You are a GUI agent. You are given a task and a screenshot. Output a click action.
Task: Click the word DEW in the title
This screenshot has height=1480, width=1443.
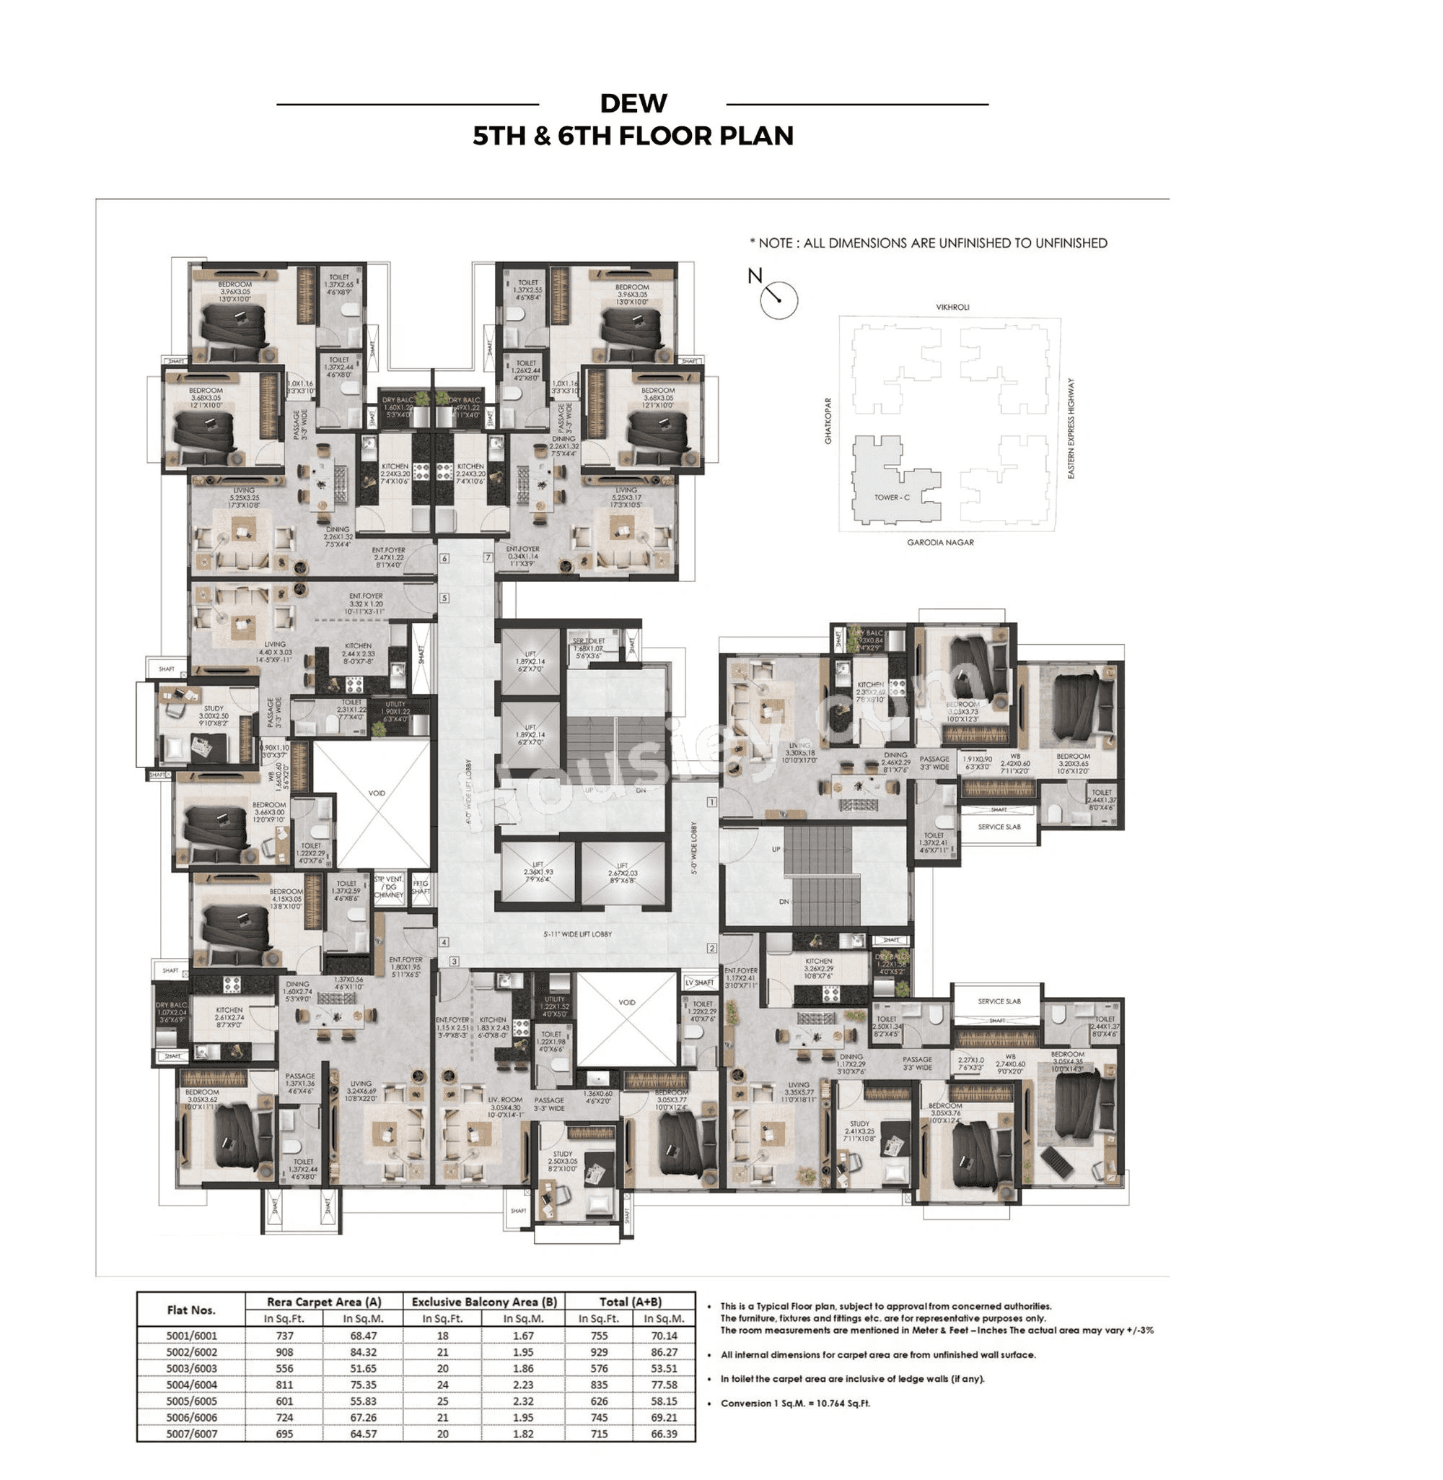pos(633,103)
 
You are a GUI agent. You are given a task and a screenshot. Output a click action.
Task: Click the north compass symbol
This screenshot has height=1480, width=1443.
pos(778,300)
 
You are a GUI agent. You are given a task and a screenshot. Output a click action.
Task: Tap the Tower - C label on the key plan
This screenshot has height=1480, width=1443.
pos(891,497)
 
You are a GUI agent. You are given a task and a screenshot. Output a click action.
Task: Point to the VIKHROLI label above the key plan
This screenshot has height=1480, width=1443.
pos(952,307)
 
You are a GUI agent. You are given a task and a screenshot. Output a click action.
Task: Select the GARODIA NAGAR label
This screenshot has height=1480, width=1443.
pos(940,542)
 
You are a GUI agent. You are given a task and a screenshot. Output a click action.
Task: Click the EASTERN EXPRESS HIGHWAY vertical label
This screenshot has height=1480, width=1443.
pos(1071,428)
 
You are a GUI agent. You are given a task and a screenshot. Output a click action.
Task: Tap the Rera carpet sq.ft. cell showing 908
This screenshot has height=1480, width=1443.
pos(284,1352)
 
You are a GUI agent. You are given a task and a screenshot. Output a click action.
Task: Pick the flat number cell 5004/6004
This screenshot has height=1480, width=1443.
pos(192,1385)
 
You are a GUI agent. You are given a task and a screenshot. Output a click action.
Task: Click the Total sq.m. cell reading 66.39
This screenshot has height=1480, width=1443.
pos(663,1434)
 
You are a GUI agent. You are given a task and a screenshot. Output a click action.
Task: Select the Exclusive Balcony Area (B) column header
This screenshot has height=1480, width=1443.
pos(484,1302)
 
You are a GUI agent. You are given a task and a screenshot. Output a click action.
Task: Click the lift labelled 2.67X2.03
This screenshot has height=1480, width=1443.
pos(621,873)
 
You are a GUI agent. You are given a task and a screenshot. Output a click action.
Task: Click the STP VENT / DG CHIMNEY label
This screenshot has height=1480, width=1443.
pos(389,887)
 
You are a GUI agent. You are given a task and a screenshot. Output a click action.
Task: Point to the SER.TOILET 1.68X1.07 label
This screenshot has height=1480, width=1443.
pos(588,648)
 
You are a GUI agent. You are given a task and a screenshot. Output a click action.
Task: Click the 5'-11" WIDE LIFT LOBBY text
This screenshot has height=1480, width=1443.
pos(577,934)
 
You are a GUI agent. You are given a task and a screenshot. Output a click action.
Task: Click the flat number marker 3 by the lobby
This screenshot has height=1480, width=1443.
pos(455,962)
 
